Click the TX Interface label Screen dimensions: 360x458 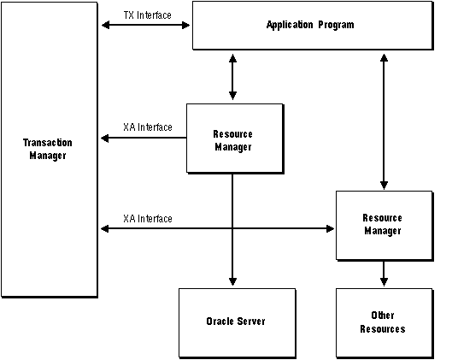coord(147,16)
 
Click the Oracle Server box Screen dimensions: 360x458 coord(235,322)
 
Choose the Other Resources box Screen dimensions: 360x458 coord(383,322)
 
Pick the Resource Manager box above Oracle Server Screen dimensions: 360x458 coord(232,140)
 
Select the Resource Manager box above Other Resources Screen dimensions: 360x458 coord(383,225)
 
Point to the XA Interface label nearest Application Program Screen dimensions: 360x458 coord(147,127)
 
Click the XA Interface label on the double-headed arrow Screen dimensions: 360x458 coord(147,218)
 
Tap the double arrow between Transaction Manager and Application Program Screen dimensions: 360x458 coord(145,26)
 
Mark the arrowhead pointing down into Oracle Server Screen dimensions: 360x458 coord(232,282)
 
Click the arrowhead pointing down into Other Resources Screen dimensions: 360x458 coord(384,282)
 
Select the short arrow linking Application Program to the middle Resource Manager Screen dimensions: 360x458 coord(232,77)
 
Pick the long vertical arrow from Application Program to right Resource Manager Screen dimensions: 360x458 coord(384,120)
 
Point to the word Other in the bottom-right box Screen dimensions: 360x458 coord(383,316)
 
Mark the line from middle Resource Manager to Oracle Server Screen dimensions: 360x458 coord(232,231)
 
